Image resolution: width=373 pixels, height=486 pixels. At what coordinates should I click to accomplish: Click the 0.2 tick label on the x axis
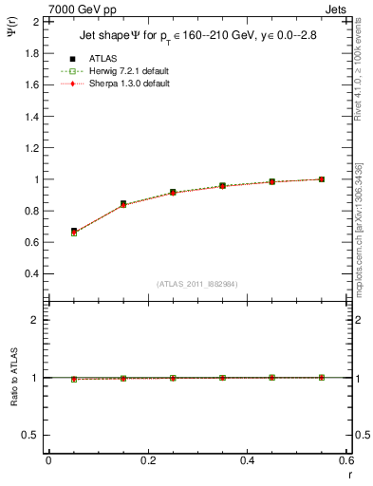[147, 462]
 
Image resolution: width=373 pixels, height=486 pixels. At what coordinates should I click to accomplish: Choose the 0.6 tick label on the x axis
[346, 462]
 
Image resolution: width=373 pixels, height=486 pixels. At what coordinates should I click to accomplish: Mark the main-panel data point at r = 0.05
[74, 231]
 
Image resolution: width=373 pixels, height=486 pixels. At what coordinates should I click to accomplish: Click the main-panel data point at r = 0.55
[322, 179]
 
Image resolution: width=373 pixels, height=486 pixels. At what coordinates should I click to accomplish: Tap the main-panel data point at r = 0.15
[123, 204]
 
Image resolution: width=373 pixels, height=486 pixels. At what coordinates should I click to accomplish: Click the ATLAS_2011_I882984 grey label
[196, 284]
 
